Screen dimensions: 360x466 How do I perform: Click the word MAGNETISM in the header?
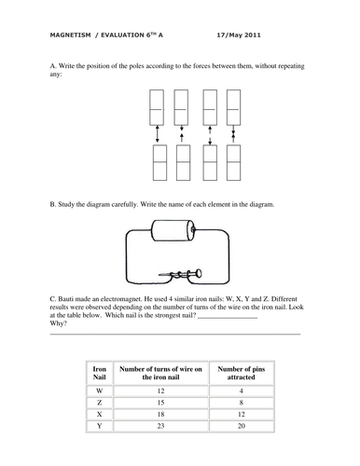70,35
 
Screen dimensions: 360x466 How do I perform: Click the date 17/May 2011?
239,35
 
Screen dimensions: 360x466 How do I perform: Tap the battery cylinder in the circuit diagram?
173,230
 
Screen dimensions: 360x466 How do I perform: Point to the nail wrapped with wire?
180,274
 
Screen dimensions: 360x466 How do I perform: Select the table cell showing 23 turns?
160,426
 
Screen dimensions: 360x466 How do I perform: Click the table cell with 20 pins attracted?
242,426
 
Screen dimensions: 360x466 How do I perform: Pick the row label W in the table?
100,391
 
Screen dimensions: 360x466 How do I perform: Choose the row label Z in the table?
100,403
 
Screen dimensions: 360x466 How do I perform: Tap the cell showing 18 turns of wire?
160,414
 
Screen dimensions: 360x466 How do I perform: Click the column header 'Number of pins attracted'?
242,373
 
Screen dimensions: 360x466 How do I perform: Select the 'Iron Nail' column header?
100,373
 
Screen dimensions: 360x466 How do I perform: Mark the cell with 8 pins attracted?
242,403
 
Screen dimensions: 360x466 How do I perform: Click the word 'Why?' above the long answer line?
58,323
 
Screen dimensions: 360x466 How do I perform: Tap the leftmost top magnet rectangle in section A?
157,107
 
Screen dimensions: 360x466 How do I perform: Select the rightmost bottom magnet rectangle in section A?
233,162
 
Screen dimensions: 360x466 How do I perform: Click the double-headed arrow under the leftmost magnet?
158,134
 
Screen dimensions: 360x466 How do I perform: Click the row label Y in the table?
100,426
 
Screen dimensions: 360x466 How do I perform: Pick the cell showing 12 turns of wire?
160,391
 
